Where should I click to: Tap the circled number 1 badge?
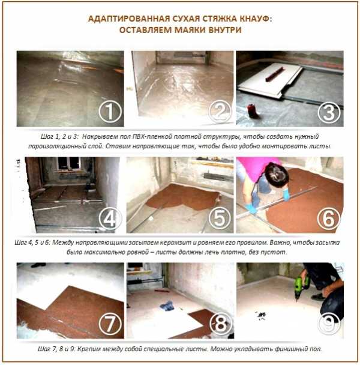(x=110, y=112)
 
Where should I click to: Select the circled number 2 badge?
(x=220, y=112)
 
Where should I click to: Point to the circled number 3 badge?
(x=329, y=112)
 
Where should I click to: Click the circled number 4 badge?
(x=110, y=219)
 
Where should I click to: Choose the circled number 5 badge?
(x=220, y=219)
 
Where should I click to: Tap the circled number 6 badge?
(x=329, y=219)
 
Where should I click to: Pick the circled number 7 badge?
(x=110, y=324)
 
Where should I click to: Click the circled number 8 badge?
(x=221, y=324)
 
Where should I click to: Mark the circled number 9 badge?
(x=329, y=324)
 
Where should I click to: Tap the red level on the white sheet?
(x=275, y=74)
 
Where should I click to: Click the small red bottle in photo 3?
(x=251, y=111)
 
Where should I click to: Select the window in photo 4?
(x=69, y=163)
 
